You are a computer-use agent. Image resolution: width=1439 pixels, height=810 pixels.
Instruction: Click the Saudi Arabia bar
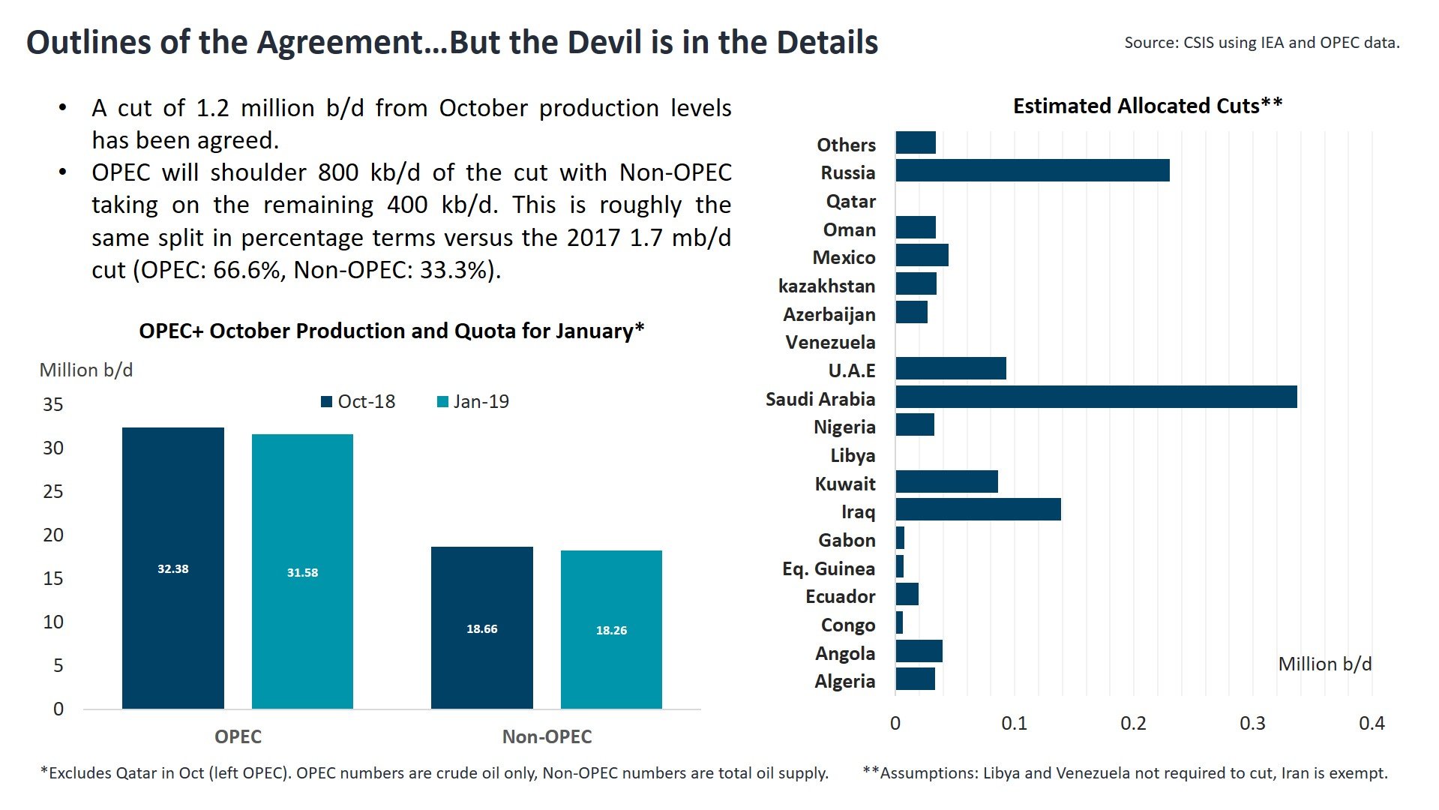(1096, 397)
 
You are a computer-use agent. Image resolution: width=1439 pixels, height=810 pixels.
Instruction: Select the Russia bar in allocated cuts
(1032, 170)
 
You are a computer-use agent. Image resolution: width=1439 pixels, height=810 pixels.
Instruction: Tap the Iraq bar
(978, 509)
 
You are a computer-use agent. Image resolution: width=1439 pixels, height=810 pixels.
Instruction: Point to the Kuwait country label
(844, 484)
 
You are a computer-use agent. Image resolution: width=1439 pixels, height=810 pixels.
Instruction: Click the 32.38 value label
(172, 568)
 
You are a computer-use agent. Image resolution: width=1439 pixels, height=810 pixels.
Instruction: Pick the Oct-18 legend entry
(358, 401)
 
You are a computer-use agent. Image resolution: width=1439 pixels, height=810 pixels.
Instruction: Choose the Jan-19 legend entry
(473, 401)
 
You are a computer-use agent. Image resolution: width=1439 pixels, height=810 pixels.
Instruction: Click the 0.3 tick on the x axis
(1252, 723)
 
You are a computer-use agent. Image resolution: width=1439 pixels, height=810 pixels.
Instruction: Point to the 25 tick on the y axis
(53, 491)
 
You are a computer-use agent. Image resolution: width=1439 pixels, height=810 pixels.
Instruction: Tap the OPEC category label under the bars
(238, 736)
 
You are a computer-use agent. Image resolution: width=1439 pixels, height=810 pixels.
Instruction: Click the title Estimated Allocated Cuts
(1147, 106)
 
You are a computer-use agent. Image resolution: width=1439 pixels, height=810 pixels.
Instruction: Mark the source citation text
(1261, 43)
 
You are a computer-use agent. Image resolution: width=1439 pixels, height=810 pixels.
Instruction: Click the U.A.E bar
(950, 368)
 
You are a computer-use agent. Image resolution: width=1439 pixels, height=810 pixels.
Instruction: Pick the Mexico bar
(922, 255)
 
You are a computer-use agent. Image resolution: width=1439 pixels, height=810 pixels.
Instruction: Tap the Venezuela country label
(830, 342)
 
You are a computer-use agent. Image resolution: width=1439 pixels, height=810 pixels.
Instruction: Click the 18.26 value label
(611, 630)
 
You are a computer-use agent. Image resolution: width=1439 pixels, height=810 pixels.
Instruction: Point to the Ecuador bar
(907, 594)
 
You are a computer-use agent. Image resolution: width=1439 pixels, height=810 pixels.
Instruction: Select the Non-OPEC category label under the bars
(547, 736)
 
